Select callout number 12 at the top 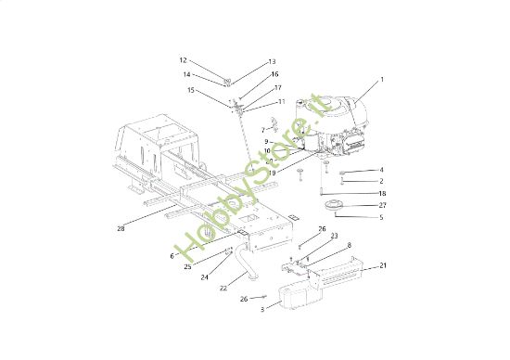tap(183, 59)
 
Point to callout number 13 tap(273, 62)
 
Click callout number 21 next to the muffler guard tap(383, 266)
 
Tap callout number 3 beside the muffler tap(262, 308)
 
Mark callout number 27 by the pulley tap(382, 205)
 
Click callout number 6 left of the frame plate tap(172, 256)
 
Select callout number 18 tap(382, 193)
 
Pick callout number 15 tap(191, 90)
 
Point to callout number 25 tap(187, 266)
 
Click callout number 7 tap(263, 130)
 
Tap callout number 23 tap(334, 236)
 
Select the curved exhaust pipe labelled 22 tap(248, 260)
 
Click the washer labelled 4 tap(344, 173)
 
